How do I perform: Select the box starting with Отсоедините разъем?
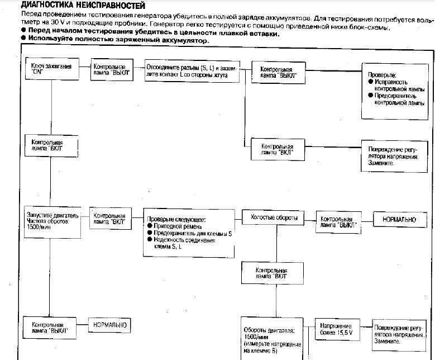(191, 71)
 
